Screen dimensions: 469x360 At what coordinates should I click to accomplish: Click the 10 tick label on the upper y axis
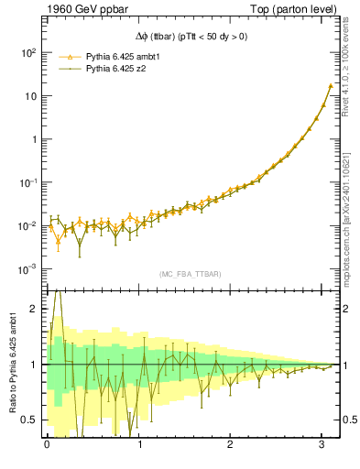[x=29, y=96]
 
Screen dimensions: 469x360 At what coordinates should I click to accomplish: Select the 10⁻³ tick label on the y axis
[x=26, y=269]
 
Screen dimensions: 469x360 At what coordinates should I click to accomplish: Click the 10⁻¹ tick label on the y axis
[x=26, y=183]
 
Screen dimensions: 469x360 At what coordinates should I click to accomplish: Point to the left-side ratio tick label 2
[x=34, y=309]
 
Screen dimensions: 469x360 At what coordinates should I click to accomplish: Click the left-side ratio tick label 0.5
[x=29, y=420]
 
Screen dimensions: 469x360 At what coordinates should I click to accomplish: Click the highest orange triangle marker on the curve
[x=330, y=86]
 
